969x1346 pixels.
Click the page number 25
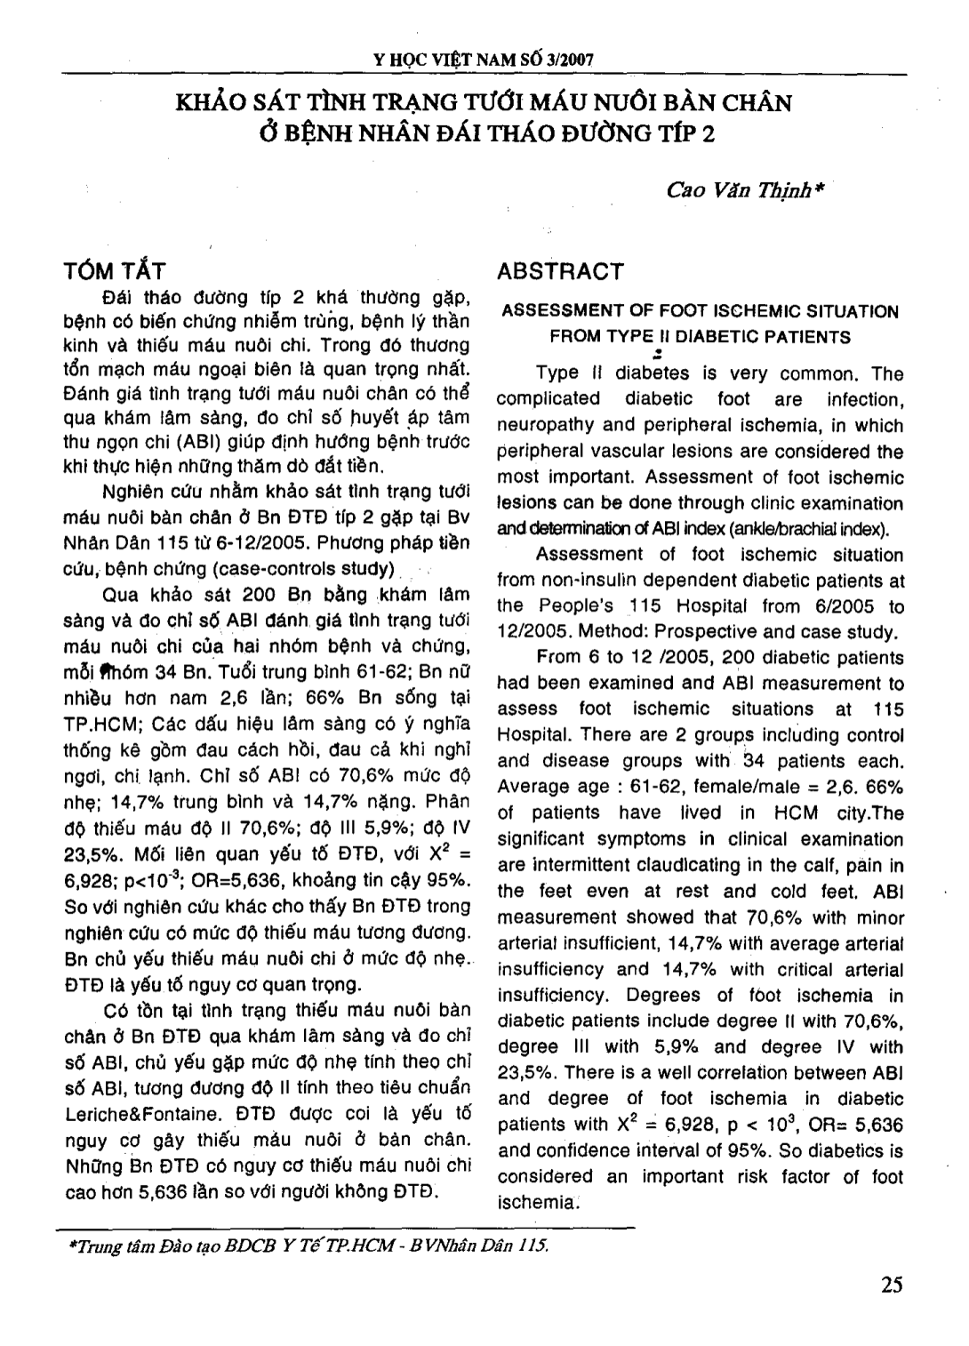pyautogui.click(x=893, y=1285)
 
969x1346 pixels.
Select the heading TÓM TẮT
pyautogui.click(x=116, y=270)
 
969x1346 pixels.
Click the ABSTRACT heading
pyautogui.click(x=560, y=270)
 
